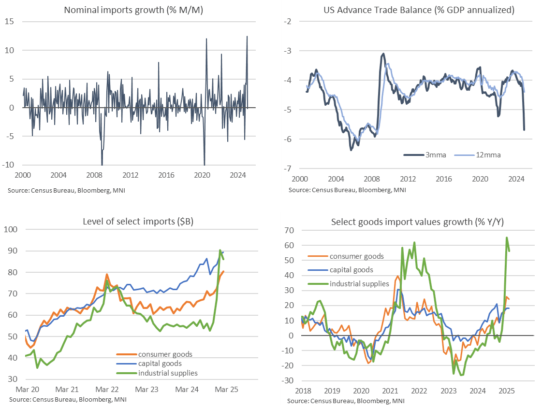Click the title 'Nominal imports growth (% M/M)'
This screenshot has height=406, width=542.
pyautogui.click(x=133, y=10)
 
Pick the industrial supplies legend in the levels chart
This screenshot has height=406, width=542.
pyautogui.click(x=168, y=373)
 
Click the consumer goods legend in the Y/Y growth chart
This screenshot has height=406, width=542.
pyautogui.click(x=356, y=256)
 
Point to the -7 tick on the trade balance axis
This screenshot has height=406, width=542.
pyautogui.click(x=288, y=168)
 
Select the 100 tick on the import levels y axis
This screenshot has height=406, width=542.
pyautogui.click(x=11, y=229)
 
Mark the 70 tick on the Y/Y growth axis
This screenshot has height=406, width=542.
pyautogui.click(x=289, y=230)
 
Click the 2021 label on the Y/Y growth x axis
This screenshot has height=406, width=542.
pyautogui.click(x=390, y=390)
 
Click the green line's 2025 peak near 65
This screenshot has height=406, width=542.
pyautogui.click(x=507, y=238)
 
